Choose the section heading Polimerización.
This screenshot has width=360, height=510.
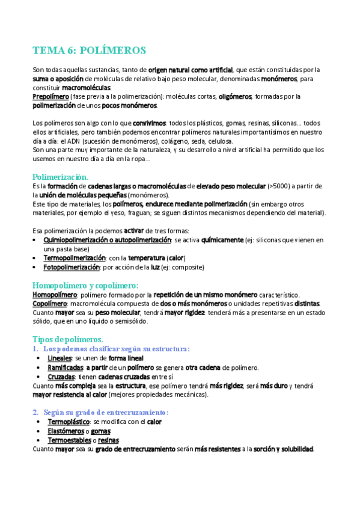click(x=60, y=177)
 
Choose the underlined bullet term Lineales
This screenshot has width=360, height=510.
click(x=59, y=358)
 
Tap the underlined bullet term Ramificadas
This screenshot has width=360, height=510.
click(x=65, y=367)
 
